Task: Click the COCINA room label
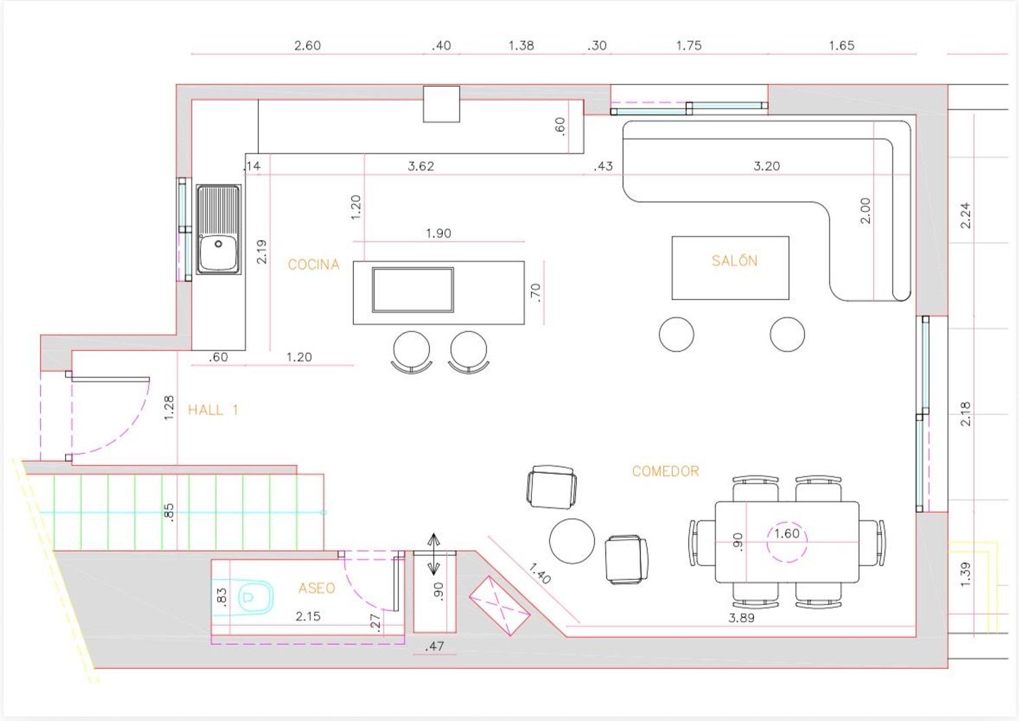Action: (x=314, y=265)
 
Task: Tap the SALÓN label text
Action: (x=734, y=261)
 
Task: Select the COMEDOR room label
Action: (x=666, y=471)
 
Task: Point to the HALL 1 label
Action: (x=213, y=410)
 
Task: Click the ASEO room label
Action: (x=317, y=588)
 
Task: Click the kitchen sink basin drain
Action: (x=218, y=244)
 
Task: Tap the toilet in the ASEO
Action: (x=256, y=596)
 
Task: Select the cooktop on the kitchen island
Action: (x=412, y=290)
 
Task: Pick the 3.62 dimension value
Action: (x=421, y=166)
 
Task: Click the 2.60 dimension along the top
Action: (x=308, y=45)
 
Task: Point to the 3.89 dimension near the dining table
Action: (x=742, y=618)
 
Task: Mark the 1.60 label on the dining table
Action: (x=787, y=533)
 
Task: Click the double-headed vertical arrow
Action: (x=433, y=554)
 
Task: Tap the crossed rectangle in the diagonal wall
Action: (x=499, y=606)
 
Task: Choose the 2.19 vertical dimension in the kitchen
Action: (x=262, y=252)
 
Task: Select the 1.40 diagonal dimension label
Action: (x=540, y=573)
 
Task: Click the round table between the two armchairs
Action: (x=572, y=541)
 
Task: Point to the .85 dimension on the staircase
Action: (x=168, y=513)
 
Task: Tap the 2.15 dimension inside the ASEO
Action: (x=308, y=616)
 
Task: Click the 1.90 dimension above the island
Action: (x=439, y=234)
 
